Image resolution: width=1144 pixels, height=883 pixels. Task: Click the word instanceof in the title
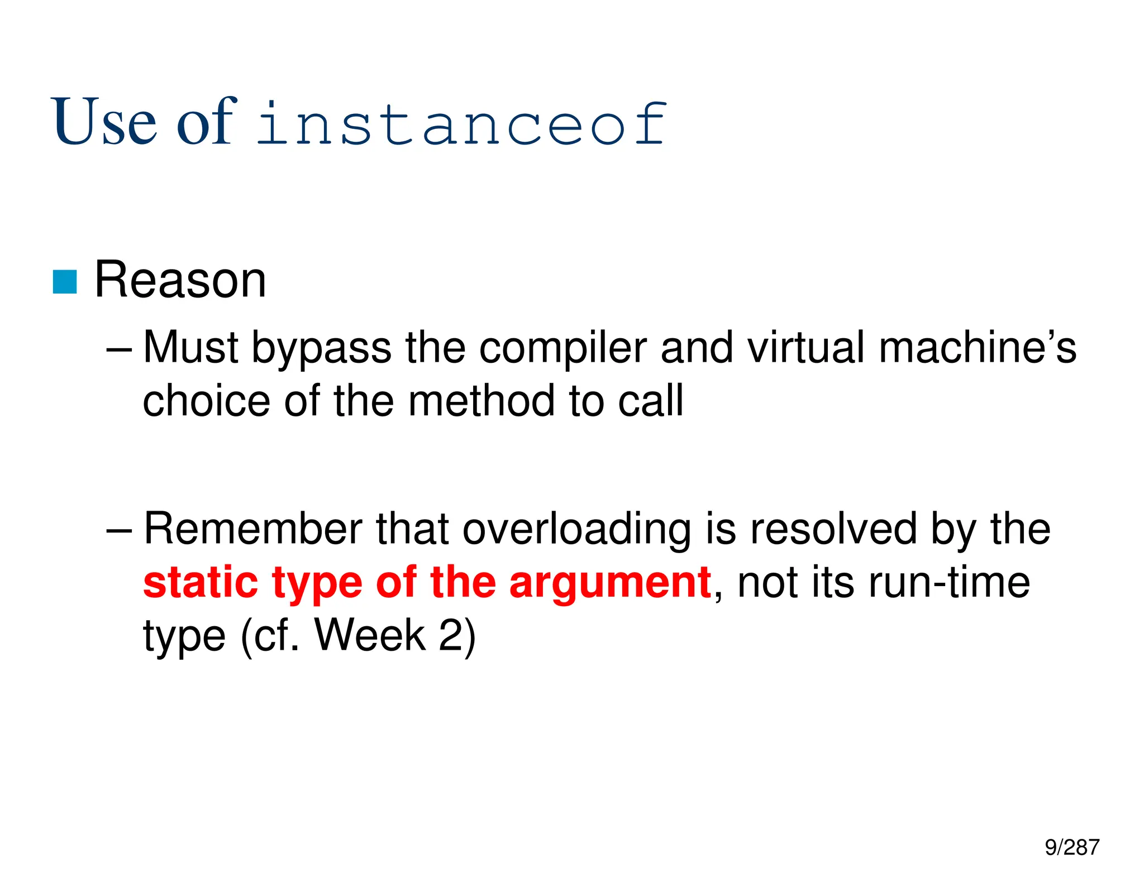[x=461, y=124]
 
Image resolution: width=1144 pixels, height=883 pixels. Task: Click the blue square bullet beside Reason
[x=65, y=282]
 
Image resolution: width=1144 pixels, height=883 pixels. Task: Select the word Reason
[x=180, y=280]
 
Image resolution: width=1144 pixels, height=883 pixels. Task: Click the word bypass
[x=321, y=349]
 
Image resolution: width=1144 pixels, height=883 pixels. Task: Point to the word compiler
[x=563, y=349]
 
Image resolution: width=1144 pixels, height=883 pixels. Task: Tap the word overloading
[x=576, y=529]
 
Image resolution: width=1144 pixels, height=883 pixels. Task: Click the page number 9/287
[x=1072, y=847]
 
